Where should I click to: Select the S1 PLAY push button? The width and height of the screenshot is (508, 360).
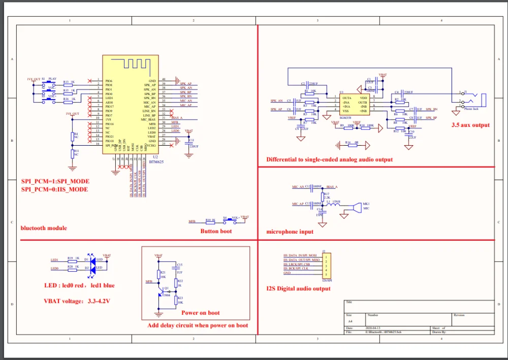(47, 82)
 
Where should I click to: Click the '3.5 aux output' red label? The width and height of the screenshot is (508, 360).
(470, 125)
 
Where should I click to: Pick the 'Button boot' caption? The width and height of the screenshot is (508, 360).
(216, 231)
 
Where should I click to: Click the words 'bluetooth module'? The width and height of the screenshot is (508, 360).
(44, 228)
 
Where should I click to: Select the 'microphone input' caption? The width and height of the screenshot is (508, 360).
(290, 232)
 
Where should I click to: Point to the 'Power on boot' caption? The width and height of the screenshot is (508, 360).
(200, 313)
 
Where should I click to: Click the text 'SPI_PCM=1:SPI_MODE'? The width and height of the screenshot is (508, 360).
(55, 181)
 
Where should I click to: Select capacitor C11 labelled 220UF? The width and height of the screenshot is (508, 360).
(190, 142)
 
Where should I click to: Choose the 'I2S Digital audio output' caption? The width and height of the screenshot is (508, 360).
(298, 289)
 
